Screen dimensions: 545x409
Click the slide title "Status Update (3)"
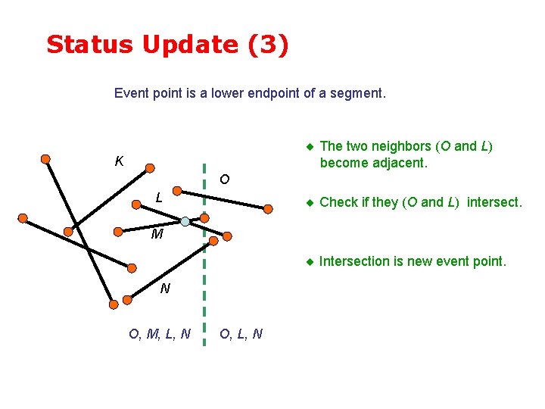[x=167, y=45]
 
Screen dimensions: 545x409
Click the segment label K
[x=119, y=161]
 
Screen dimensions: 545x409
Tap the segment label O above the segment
[x=224, y=180]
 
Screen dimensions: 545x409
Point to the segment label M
[x=157, y=234]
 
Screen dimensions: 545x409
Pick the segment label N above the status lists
[x=164, y=289]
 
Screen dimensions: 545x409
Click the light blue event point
[x=185, y=221]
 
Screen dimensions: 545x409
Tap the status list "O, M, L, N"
[x=160, y=333]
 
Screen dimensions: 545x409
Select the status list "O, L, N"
[x=241, y=333]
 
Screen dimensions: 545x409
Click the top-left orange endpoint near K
[x=46, y=159]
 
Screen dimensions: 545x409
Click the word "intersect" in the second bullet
[x=493, y=202]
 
